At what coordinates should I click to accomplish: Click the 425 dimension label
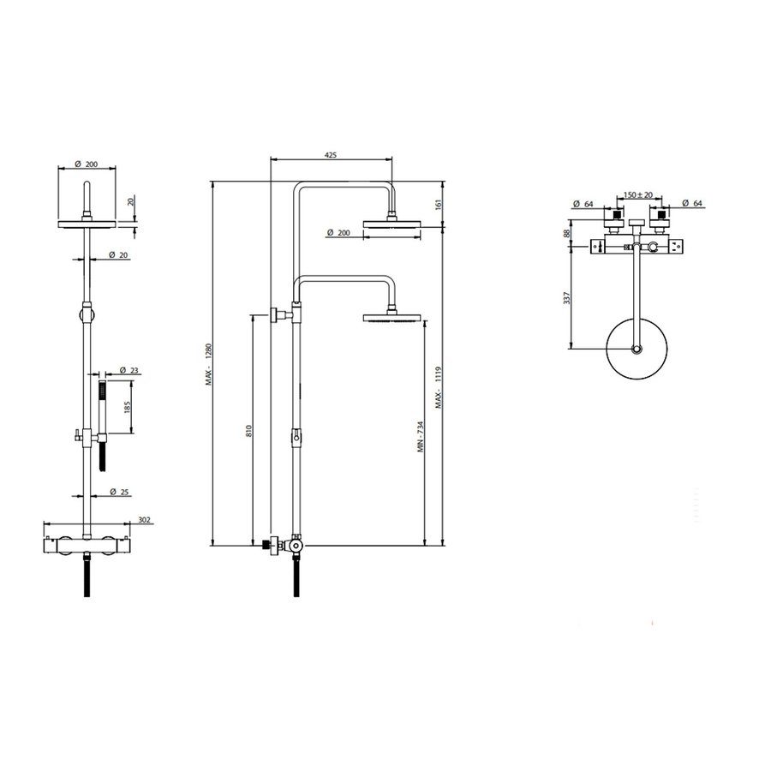pos(330,155)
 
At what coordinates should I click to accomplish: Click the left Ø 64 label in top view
pos(584,204)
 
